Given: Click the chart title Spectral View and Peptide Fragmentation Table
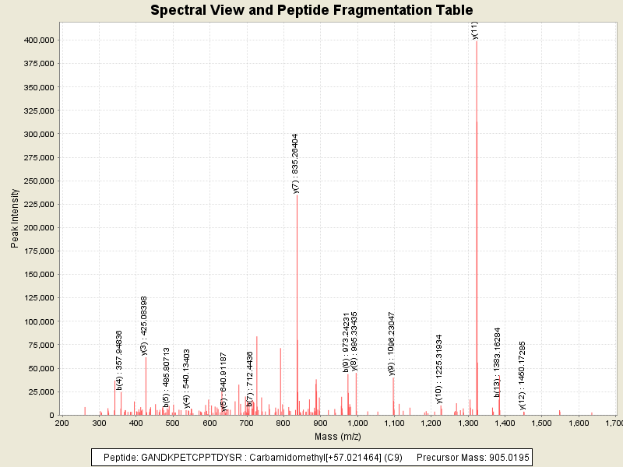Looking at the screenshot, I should (x=311, y=10).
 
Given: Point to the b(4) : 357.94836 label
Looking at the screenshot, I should (x=119, y=360).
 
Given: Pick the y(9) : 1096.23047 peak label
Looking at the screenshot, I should (x=392, y=344).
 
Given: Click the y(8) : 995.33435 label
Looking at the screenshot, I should (x=354, y=341).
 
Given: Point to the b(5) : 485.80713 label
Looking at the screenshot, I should (x=166, y=377).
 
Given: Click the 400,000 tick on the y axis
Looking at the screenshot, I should (x=38, y=40).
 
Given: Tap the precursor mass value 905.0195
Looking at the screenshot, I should (x=505, y=457).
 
